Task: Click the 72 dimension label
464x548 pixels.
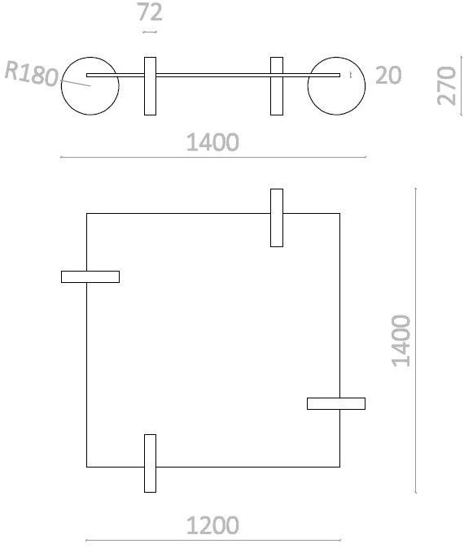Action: [x=151, y=12]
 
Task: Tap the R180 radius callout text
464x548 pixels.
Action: [x=31, y=73]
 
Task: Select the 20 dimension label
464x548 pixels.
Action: [x=388, y=76]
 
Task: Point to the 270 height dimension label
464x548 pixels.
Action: [x=447, y=85]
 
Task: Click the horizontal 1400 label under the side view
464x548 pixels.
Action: [x=212, y=142]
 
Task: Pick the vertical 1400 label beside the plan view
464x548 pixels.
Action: [x=401, y=341]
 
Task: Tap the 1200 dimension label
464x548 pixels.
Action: [x=213, y=525]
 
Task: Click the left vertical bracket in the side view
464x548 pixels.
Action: [x=150, y=86]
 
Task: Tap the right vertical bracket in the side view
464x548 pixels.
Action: [x=277, y=86]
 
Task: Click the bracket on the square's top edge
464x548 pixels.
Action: [x=277, y=217]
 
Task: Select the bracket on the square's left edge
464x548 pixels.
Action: [x=90, y=276]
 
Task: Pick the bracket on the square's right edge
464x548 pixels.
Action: [x=336, y=403]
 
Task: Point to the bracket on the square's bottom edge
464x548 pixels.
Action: [x=150, y=463]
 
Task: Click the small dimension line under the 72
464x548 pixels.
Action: [x=150, y=32]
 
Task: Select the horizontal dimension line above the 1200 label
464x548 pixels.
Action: [x=213, y=539]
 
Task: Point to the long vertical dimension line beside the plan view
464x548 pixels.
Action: [x=416, y=341]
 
